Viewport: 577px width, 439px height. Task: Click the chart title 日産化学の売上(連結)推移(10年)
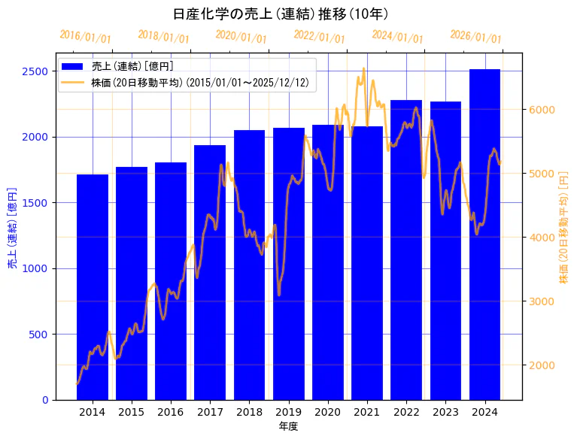281,14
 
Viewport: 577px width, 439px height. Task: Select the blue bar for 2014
93,286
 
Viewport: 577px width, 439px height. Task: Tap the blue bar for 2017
210,271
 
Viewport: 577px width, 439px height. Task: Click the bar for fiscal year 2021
367,263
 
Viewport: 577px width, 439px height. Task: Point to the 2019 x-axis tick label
288,411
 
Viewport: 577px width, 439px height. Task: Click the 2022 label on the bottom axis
406,411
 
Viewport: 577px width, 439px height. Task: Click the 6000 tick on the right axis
542,110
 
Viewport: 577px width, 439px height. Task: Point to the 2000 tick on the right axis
542,365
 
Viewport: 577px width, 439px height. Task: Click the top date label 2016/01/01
85,37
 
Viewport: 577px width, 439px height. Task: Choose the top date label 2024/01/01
397,37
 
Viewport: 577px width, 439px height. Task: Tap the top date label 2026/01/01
475,37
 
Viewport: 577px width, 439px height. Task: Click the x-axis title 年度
288,426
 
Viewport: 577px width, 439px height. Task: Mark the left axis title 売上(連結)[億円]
12,228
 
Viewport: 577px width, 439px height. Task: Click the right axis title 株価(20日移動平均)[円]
564,228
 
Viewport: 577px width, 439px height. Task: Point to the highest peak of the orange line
363,68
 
